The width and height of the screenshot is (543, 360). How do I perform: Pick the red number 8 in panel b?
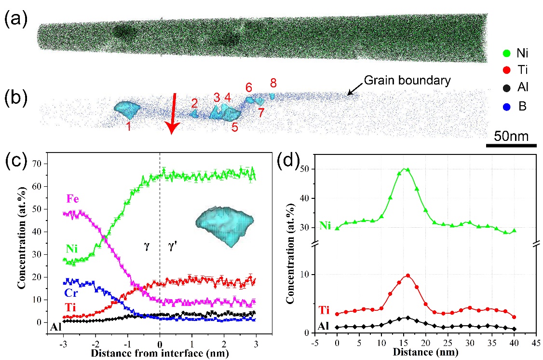point(273,82)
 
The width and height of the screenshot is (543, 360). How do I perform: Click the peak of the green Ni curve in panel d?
point(407,169)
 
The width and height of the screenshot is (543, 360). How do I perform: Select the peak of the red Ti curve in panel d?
point(408,276)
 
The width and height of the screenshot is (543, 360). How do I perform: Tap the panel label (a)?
point(15,20)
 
